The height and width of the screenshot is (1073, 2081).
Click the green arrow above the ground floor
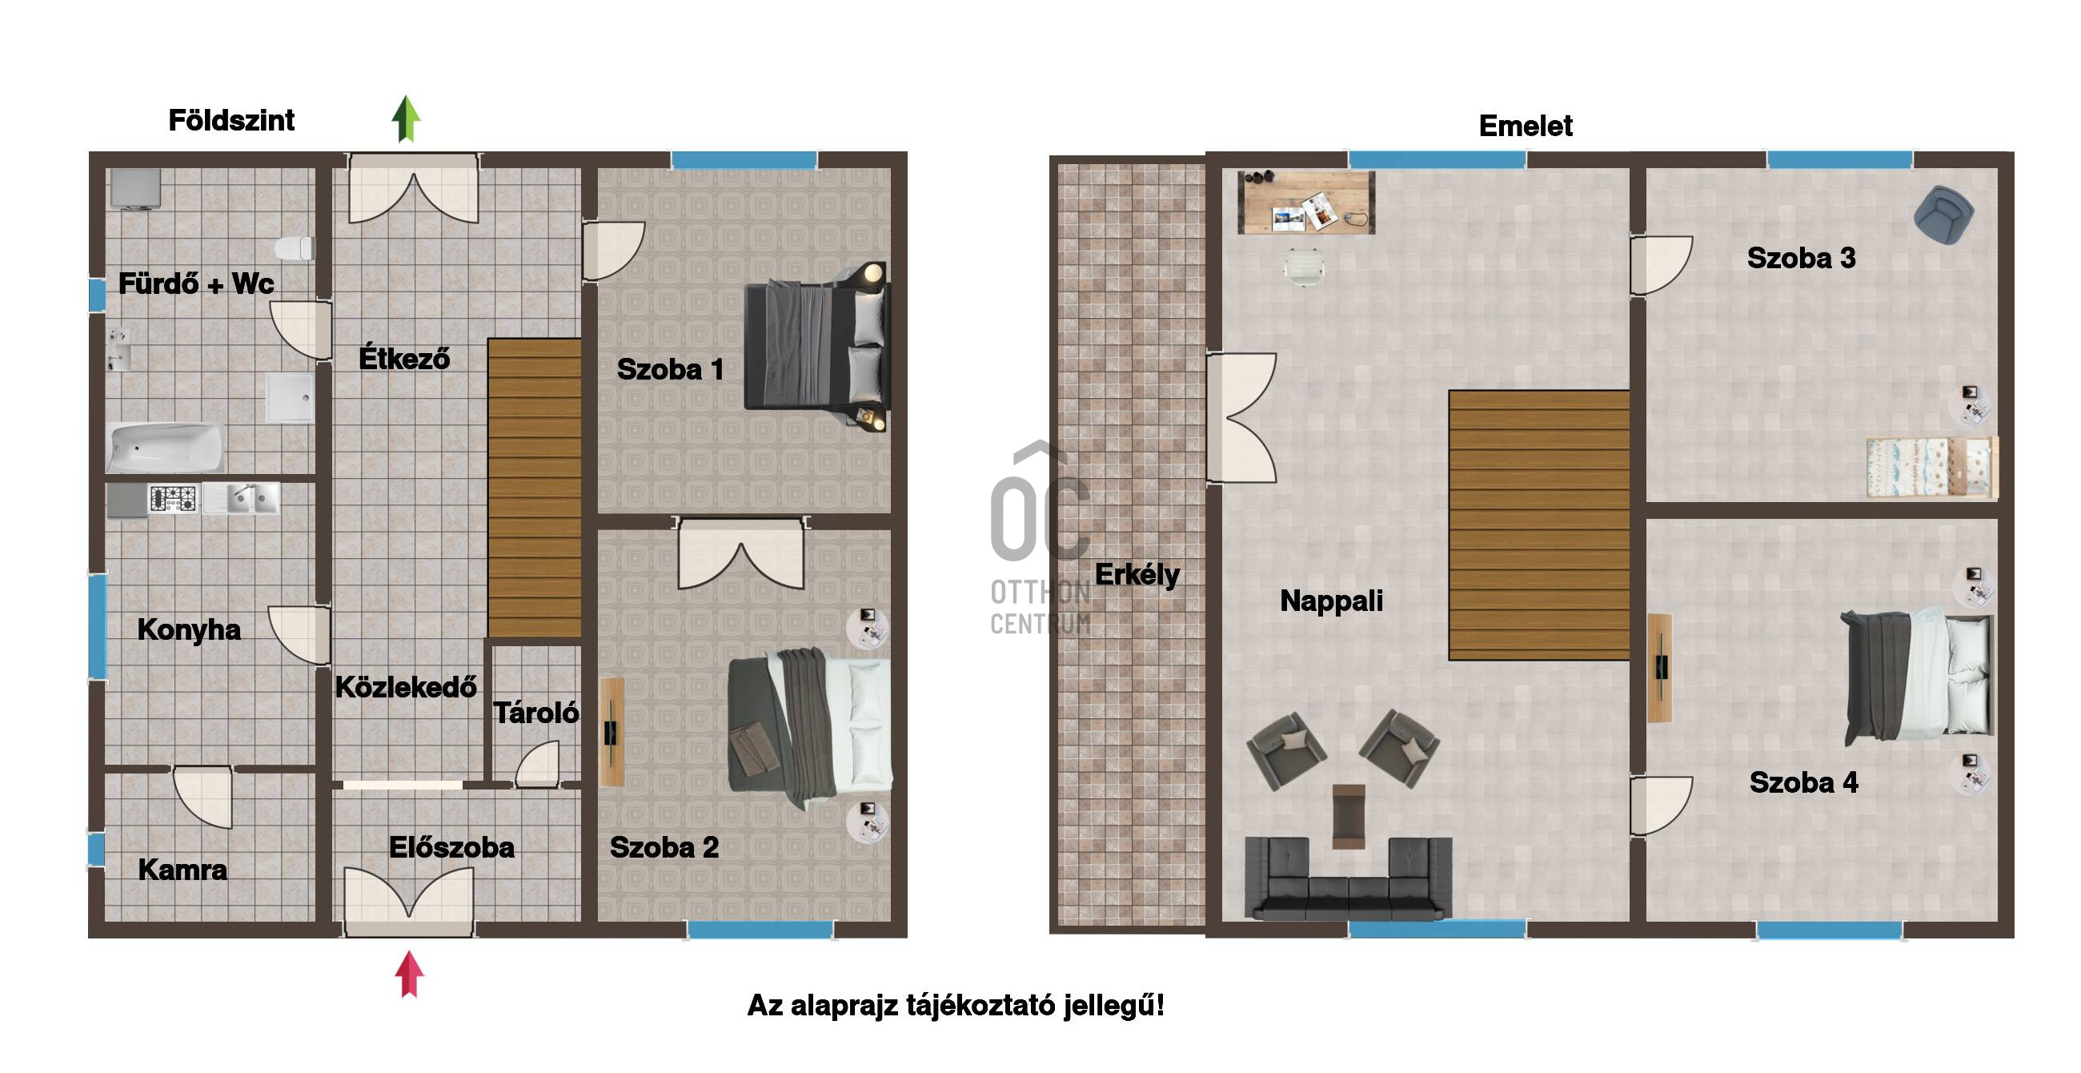click(x=407, y=119)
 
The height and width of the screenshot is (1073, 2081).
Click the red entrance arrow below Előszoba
click(x=410, y=975)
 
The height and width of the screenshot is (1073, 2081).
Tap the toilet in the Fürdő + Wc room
click(x=293, y=247)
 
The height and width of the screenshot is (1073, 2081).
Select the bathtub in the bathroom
click(x=166, y=448)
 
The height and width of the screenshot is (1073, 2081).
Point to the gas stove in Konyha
click(x=173, y=498)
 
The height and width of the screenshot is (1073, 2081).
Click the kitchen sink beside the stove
click(x=241, y=498)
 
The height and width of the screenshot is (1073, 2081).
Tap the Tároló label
click(x=535, y=713)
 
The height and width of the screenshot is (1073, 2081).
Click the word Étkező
click(x=404, y=357)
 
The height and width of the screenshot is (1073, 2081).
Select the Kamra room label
click(x=182, y=870)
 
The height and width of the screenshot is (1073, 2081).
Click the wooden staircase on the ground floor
click(x=534, y=488)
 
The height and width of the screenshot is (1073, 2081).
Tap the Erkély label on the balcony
click(x=1137, y=575)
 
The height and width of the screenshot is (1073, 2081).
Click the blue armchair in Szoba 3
click(x=1943, y=214)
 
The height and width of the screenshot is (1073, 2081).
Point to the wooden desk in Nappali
click(x=1305, y=202)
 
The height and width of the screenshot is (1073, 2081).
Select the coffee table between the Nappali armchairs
click(x=1349, y=816)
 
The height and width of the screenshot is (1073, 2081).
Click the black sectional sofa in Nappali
click(x=1349, y=878)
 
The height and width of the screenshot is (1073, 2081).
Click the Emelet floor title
click(x=1526, y=126)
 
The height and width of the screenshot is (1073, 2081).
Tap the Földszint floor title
click(x=231, y=120)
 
